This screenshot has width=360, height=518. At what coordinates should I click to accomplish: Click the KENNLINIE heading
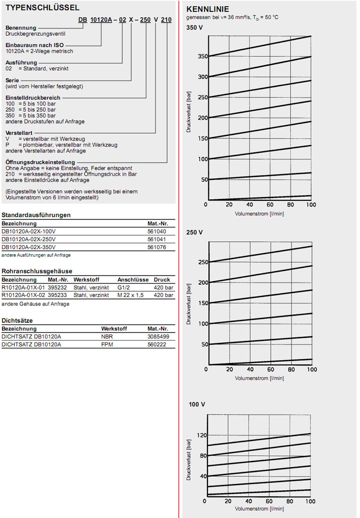tap(207, 9)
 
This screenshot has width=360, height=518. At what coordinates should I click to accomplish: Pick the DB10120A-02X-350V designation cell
tap(29, 247)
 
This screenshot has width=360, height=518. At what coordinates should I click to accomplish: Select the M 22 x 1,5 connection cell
tap(131, 295)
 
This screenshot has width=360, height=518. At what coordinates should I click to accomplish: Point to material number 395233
tap(58, 295)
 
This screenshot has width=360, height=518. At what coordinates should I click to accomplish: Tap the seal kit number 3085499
tap(158, 337)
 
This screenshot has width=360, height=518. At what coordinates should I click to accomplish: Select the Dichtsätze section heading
tap(17, 320)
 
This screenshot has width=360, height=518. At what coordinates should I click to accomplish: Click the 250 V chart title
tap(194, 232)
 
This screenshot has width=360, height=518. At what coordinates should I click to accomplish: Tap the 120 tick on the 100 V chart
tap(202, 435)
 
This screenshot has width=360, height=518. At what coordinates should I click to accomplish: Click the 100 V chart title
tap(197, 404)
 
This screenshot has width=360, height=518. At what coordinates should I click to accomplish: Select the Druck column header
tap(162, 279)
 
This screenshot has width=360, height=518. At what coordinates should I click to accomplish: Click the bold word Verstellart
tap(18, 132)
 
